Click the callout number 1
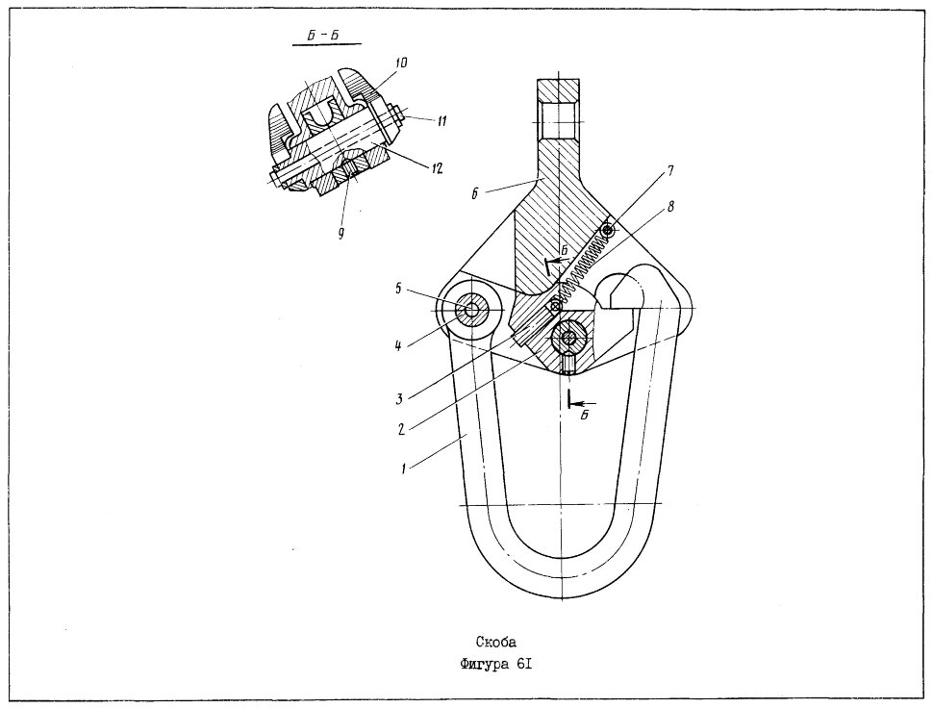coord(403,468)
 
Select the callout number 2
coord(402,429)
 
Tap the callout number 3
coord(400,398)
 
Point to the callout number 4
coord(398,345)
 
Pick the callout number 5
coord(398,290)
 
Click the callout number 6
coord(475,193)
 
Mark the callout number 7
coord(670,171)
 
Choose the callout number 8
coord(670,207)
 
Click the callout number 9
coord(340,234)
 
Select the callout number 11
coord(441,121)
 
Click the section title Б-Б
coord(323,35)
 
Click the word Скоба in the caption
coord(496,642)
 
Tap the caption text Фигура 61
coord(496,665)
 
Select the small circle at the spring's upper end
coord(607,230)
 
